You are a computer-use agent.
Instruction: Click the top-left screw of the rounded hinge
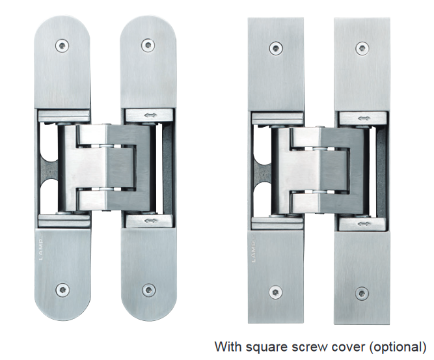click(62, 46)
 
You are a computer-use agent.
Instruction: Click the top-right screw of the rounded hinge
click(148, 46)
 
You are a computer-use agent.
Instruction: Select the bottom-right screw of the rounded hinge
click(148, 290)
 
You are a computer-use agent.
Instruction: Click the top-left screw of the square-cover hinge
click(276, 48)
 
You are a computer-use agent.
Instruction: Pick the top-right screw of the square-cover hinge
click(361, 48)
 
